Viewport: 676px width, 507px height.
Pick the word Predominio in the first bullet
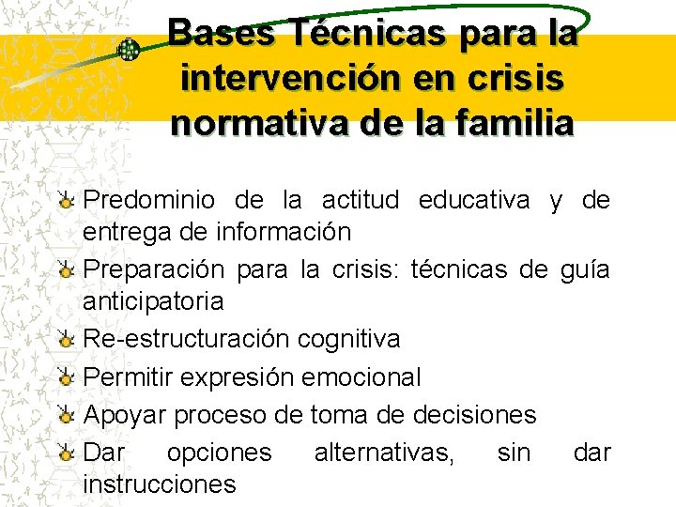coord(149,201)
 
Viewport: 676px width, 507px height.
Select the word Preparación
coord(154,270)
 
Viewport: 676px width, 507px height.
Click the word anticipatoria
coord(153,302)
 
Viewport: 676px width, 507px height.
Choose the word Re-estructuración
coord(188,338)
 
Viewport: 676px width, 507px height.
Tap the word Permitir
coord(128,377)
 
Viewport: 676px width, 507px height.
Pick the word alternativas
coord(383,453)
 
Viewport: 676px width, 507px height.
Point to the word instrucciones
coord(160,484)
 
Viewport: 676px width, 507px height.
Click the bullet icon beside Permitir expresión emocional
coord(65,378)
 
